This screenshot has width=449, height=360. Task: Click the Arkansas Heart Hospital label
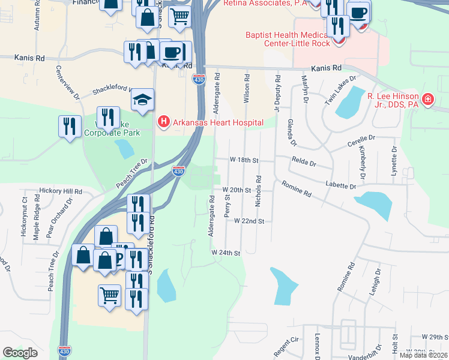tap(218, 123)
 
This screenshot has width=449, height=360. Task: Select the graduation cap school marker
tap(143, 100)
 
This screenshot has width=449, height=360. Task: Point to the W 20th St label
tap(237, 190)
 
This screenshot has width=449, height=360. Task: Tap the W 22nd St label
tap(249, 221)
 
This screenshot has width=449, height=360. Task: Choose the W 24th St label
tap(226, 253)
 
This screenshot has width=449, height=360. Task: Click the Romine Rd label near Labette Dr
tap(298, 191)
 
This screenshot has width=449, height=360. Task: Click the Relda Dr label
tap(304, 161)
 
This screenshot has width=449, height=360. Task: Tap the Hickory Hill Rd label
tap(60, 191)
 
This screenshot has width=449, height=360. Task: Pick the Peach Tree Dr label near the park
tap(132, 172)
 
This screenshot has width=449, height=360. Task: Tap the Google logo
tap(20, 353)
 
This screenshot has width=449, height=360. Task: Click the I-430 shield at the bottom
tap(65, 350)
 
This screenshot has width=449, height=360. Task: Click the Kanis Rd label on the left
tap(31, 59)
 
